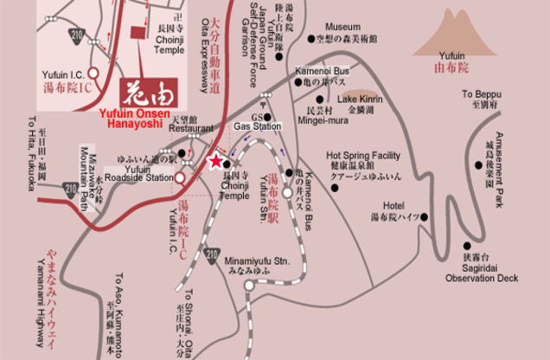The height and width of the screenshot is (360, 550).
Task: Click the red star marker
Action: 215,161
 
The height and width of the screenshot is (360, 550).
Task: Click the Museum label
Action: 343,27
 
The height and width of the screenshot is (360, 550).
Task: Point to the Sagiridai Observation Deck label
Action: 482,273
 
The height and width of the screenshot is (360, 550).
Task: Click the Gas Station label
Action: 258,126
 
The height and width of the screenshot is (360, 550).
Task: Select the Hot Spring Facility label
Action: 362,155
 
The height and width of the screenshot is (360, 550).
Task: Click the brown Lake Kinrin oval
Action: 358,88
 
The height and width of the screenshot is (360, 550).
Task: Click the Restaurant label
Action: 190,128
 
